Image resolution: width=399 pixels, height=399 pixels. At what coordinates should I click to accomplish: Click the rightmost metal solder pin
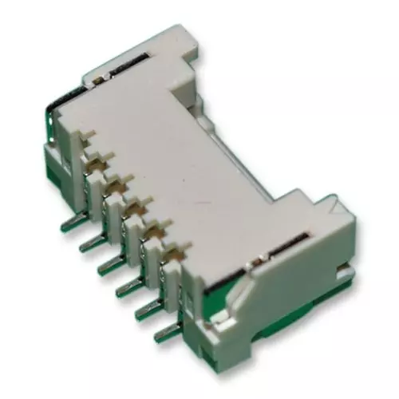(164, 330)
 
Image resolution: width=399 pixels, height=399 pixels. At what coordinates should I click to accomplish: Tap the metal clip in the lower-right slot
(299, 235)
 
